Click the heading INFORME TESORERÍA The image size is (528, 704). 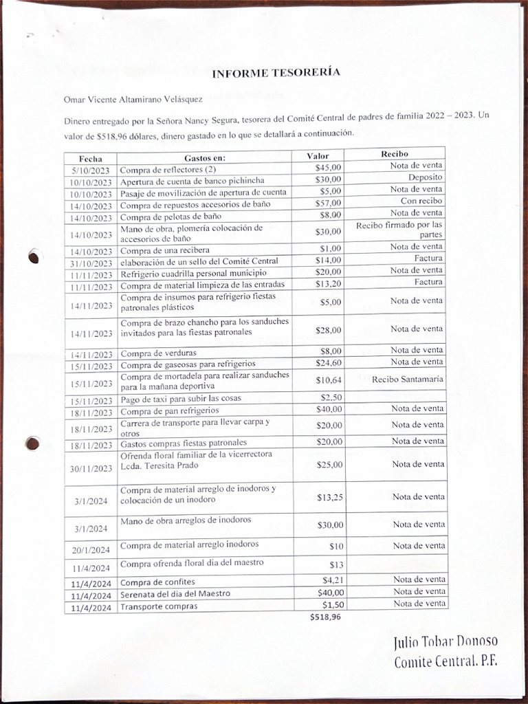click(276, 74)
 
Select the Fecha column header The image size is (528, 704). click(90, 158)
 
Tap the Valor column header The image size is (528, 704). click(318, 156)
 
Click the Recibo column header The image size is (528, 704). click(395, 154)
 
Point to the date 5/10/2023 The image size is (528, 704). click(91, 170)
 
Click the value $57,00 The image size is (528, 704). click(328, 203)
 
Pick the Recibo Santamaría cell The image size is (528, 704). click(408, 379)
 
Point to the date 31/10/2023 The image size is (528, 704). click(90, 263)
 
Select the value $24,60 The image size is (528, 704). click(328, 363)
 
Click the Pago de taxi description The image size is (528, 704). click(181, 399)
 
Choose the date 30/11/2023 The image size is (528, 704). click(90, 469)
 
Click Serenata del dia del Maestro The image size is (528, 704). click(175, 594)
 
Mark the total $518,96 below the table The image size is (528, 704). click(325, 617)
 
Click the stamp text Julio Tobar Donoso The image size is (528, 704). click(445, 643)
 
